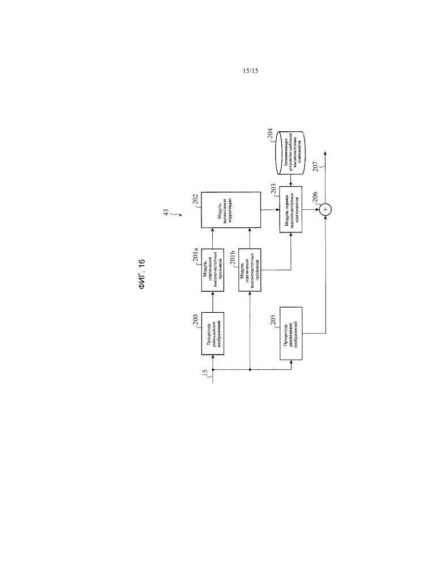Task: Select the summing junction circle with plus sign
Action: click(325, 210)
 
